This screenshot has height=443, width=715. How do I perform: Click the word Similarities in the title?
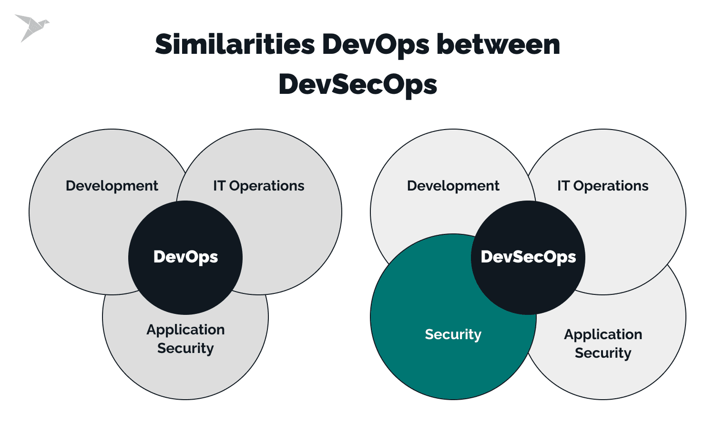[235, 45]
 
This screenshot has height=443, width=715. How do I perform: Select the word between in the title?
[498, 45]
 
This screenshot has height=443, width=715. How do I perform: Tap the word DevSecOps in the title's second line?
[357, 85]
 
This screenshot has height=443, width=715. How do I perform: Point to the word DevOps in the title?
[376, 45]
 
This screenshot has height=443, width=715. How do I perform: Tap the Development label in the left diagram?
[112, 186]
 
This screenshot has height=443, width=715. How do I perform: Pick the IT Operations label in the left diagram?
[258, 186]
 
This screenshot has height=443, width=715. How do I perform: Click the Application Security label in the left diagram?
[185, 339]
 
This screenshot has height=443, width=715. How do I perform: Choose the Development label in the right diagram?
[453, 186]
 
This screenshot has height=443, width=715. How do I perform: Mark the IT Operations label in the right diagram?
[603, 186]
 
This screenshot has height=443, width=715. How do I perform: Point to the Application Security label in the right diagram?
[603, 343]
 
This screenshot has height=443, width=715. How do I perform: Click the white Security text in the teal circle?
[453, 334]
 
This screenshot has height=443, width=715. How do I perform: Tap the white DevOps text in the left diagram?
[185, 257]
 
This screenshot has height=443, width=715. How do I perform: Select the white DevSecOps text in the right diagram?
[528, 257]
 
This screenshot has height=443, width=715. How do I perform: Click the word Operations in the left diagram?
[266, 186]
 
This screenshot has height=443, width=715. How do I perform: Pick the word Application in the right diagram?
[603, 334]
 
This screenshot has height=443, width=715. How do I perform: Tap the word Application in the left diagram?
[185, 330]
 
